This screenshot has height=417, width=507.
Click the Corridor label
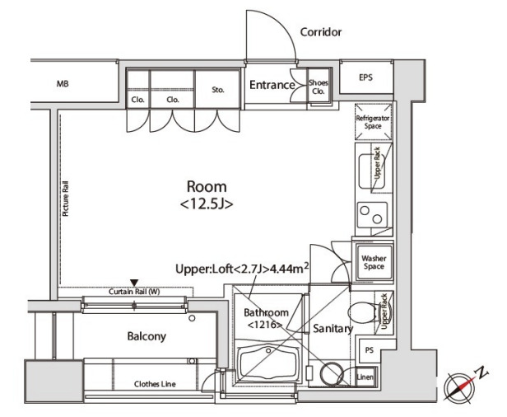pyautogui.click(x=321, y=32)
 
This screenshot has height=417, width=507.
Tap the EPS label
pyautogui.click(x=365, y=77)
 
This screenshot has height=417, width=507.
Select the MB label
pyautogui.click(x=63, y=84)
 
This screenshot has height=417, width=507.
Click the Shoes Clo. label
pyautogui.click(x=319, y=87)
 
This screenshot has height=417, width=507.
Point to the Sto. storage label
pyautogui.click(x=218, y=90)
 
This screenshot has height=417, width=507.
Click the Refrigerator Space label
pyautogui.click(x=373, y=122)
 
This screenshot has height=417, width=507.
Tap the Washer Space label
pyautogui.click(x=374, y=262)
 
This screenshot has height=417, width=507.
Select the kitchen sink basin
pyautogui.click(x=372, y=171)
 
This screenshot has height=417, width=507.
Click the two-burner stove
pyautogui.click(x=372, y=215)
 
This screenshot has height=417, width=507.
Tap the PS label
pyautogui.click(x=370, y=350)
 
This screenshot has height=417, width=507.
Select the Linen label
pyautogui.click(x=365, y=377)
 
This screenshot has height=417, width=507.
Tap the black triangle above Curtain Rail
pyautogui.click(x=134, y=283)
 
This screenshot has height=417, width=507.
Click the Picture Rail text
pyautogui.click(x=66, y=198)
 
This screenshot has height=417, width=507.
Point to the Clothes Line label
pyautogui.click(x=155, y=384)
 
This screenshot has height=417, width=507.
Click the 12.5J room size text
pyautogui.click(x=207, y=204)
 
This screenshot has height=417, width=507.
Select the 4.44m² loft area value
pyautogui.click(x=289, y=269)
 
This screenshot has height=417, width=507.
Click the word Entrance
pyautogui.click(x=272, y=85)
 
